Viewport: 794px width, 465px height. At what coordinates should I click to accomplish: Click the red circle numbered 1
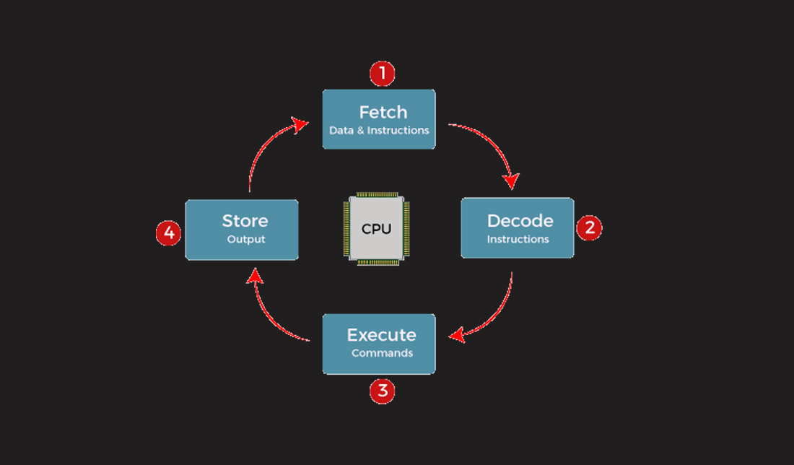pos(382,74)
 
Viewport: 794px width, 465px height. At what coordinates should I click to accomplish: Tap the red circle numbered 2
pos(589,228)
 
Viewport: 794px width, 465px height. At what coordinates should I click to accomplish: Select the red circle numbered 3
pos(382,391)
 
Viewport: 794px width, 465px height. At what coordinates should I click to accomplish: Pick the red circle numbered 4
pos(168,233)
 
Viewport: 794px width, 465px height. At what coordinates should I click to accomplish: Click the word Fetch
pos(383,113)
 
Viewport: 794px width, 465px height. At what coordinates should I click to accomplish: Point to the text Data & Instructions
pos(379,131)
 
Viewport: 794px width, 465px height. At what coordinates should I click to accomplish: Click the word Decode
pos(520,221)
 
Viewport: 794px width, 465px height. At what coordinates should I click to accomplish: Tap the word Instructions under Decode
pos(518,239)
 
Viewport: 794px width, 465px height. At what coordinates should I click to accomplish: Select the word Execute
pos(381,335)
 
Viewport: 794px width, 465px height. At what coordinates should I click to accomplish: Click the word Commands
pos(382,353)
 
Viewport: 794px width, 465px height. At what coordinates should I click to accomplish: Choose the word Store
pos(245,221)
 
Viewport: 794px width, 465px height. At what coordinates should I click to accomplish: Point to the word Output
pos(246,239)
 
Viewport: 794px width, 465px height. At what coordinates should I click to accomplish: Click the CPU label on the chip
pos(376,229)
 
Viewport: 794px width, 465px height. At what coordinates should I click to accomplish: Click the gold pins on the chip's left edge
pos(346,228)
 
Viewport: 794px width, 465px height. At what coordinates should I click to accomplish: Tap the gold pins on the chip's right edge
pos(406,228)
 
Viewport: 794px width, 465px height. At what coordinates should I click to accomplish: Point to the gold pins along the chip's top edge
pos(376,196)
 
